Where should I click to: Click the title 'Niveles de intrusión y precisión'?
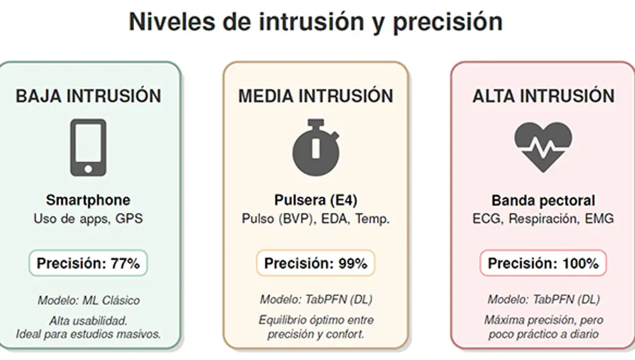click(316, 22)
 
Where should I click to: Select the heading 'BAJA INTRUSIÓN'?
click(88, 96)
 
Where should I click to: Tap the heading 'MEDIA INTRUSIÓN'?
click(316, 96)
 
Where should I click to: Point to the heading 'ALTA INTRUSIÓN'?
click(543, 96)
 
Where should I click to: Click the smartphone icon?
click(88, 147)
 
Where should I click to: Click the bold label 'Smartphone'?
click(88, 201)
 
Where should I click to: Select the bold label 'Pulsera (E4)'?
click(316, 201)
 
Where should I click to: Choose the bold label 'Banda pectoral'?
click(543, 201)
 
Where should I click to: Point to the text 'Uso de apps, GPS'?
click(88, 219)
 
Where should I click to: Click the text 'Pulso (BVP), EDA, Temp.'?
click(316, 219)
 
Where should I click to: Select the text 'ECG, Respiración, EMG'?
click(543, 219)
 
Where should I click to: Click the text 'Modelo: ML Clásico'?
click(88, 300)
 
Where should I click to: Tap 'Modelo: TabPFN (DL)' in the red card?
click(543, 300)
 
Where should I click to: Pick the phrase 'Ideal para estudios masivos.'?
click(88, 334)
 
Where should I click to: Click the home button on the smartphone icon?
click(88, 168)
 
